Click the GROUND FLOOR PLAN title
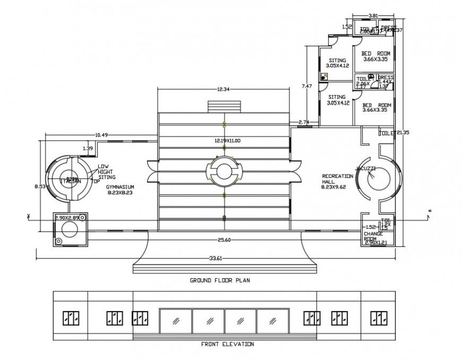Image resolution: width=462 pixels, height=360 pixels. (220, 280)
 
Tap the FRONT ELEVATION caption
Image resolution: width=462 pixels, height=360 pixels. (227, 344)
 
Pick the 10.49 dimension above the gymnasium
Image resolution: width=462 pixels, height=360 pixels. (101, 135)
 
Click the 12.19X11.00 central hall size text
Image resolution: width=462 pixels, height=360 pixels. (227, 141)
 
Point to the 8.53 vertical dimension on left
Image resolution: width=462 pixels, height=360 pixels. (39, 186)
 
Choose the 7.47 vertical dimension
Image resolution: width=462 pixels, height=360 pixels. (307, 85)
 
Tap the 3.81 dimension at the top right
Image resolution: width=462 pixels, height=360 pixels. (373, 16)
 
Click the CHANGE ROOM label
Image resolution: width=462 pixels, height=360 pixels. (373, 236)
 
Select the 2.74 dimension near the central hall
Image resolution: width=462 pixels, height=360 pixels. (304, 123)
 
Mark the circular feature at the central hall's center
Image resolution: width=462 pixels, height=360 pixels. (224, 171)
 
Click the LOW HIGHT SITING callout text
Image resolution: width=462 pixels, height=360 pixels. (106, 172)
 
